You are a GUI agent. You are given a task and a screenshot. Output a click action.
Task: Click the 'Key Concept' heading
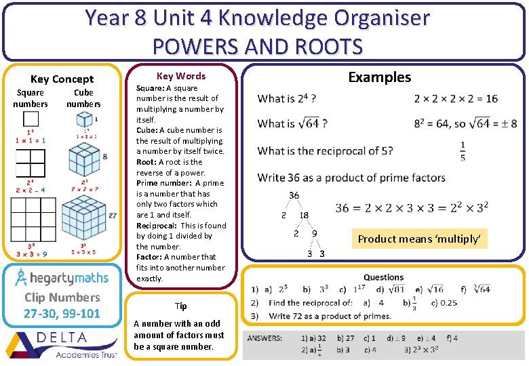tap(62, 79)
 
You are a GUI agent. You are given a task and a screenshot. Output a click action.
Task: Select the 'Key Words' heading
tap(180, 76)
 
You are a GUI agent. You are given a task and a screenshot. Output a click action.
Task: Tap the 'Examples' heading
tap(379, 77)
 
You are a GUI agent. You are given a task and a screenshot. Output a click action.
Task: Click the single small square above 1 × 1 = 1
tap(30, 119)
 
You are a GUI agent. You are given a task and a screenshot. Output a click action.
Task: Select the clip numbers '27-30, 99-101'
tap(62, 313)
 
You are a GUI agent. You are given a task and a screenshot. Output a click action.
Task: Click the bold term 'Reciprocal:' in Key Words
tap(157, 225)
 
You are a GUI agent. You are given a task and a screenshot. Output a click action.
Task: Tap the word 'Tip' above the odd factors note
tap(180, 306)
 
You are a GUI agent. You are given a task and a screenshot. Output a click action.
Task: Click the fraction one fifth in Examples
tap(463, 151)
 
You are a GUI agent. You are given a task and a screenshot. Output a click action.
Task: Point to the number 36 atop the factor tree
tap(294, 195)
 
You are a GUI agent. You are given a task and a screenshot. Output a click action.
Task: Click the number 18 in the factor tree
tap(304, 215)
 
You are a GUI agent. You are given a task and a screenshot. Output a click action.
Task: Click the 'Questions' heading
tap(383, 277)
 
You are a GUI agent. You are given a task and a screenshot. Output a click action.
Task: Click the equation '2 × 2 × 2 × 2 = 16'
tap(455, 99)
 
